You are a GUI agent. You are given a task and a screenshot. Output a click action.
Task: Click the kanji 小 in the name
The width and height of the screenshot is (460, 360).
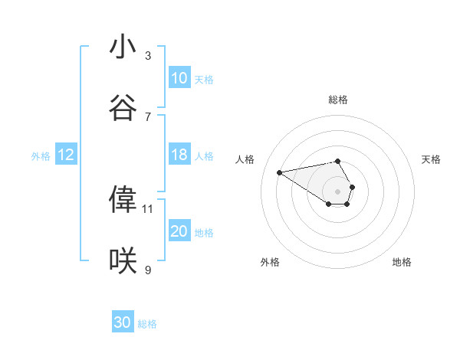(x=123, y=47)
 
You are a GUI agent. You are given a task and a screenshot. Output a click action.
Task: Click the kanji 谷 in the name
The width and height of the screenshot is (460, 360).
(x=123, y=108)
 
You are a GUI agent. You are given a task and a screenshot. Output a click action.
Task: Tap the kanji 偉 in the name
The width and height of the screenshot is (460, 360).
(x=123, y=199)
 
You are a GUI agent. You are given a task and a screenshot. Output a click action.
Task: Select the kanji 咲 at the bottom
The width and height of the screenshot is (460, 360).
(x=123, y=261)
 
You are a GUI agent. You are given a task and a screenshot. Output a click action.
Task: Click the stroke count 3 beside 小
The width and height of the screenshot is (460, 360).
(x=148, y=55)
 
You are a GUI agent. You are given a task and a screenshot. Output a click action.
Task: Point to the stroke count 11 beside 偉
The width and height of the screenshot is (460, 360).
(x=148, y=208)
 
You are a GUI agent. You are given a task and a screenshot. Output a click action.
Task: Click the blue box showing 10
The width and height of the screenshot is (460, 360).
(x=179, y=78)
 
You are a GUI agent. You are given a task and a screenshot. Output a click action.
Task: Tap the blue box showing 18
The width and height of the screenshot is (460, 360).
(x=179, y=155)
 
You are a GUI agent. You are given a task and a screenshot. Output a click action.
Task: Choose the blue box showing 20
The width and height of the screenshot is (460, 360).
(x=179, y=231)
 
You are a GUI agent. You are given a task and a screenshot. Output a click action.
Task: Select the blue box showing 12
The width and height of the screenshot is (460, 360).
(x=66, y=155)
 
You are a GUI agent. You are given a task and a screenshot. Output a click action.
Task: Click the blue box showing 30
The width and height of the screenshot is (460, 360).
(x=123, y=322)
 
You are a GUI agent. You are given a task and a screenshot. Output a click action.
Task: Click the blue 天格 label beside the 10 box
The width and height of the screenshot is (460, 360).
(x=204, y=79)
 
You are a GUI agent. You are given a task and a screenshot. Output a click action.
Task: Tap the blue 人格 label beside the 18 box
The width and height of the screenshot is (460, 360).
(x=204, y=155)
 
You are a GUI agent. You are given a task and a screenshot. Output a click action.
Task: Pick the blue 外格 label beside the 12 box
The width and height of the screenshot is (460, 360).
(x=41, y=155)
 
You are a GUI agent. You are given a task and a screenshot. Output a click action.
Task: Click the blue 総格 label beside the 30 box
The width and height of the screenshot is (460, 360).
(x=147, y=324)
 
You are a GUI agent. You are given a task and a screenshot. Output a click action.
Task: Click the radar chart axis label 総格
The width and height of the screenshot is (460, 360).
(x=337, y=100)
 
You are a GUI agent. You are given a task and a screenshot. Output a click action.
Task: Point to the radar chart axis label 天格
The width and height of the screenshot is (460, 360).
(x=431, y=159)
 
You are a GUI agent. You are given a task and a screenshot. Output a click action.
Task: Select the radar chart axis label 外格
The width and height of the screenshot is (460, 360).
(x=269, y=262)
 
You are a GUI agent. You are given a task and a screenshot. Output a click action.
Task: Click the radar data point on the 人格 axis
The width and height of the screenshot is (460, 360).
(x=280, y=172)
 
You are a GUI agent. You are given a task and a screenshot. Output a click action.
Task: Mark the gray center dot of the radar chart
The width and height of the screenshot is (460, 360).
(x=337, y=191)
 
